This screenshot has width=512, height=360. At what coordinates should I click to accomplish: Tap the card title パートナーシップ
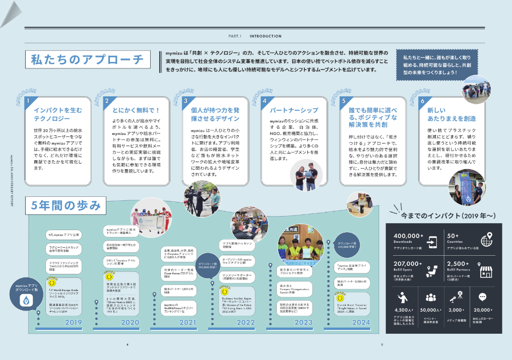[x=293, y=110]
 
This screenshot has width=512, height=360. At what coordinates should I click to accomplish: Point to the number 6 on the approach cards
[x=422, y=101]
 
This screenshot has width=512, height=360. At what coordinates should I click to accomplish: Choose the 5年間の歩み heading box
[x=66, y=205]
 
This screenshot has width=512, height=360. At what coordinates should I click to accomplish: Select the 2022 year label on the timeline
[x=245, y=323]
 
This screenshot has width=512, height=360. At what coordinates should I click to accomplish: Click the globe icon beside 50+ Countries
[x=487, y=239]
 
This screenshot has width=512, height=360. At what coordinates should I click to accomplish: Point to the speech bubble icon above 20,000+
[x=483, y=298]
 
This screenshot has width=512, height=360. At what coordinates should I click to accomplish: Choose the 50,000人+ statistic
[x=430, y=311]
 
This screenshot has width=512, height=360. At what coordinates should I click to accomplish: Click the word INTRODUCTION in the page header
[x=266, y=36]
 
